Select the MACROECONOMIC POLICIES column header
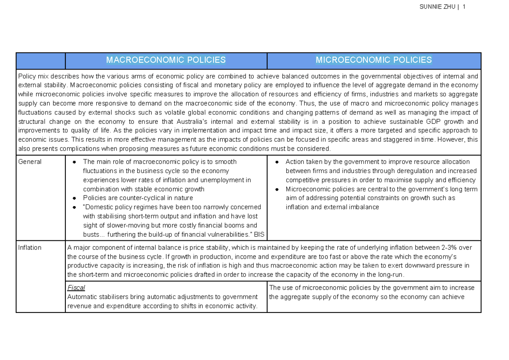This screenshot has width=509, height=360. [166, 60]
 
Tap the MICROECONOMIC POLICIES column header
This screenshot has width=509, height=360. [374, 60]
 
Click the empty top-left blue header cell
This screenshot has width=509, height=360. [40, 61]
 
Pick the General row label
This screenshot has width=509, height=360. [30, 162]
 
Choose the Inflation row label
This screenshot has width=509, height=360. [30, 248]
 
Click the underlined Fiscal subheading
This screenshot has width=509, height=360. [76, 287]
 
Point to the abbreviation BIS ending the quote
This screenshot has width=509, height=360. [259, 234]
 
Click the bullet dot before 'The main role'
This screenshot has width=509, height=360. [75, 162]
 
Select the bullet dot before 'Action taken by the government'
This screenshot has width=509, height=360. [277, 162]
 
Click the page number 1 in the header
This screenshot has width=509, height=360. [464, 7]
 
